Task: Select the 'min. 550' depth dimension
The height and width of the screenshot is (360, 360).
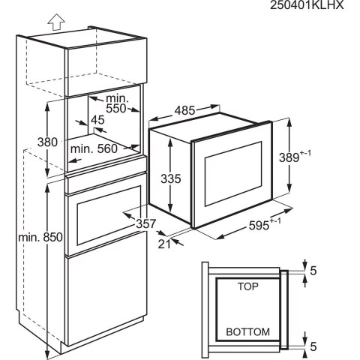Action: [x=116, y=103]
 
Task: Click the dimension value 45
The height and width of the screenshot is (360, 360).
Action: [x=97, y=120]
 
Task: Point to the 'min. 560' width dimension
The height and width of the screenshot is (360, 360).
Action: [x=94, y=148]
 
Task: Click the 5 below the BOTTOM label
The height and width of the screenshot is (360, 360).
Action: [x=313, y=346]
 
